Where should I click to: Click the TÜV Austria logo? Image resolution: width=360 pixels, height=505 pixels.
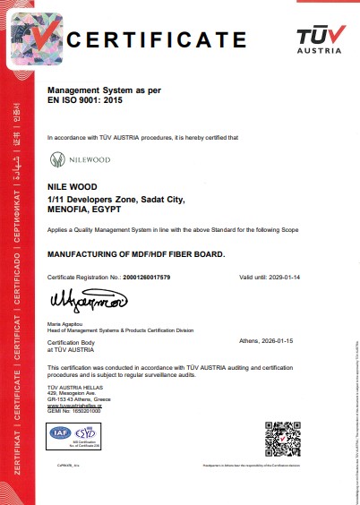coord(319,39)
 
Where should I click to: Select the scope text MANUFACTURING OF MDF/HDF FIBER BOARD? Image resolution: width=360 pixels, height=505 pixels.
coord(135,254)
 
